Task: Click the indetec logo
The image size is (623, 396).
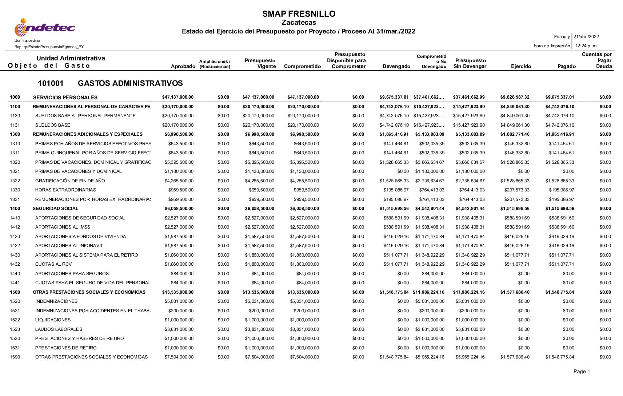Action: point(45,28)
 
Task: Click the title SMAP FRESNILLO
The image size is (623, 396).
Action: point(299,14)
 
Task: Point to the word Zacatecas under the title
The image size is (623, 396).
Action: point(299,23)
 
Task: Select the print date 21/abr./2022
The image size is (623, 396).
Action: point(586,37)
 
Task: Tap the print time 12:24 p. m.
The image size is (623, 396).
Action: point(586,46)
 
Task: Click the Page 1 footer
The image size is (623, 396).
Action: point(582,371)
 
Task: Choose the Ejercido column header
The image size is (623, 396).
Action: point(520,66)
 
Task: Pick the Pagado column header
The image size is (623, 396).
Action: point(566,66)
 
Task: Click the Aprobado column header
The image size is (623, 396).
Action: point(183,66)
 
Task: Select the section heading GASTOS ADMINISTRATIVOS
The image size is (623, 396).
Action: point(130,83)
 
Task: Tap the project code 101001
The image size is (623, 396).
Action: point(51,83)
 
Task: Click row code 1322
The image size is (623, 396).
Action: point(15,181)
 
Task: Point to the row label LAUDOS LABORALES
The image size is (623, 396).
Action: point(59,329)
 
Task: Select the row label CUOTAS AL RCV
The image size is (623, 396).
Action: point(53,264)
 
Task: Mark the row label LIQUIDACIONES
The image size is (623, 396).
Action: point(53,320)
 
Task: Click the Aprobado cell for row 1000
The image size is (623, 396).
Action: point(178,97)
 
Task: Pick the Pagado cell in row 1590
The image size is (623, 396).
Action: point(559,357)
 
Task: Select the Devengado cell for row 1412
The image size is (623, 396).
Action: point(396,227)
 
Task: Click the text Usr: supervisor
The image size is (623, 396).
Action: point(28,41)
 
